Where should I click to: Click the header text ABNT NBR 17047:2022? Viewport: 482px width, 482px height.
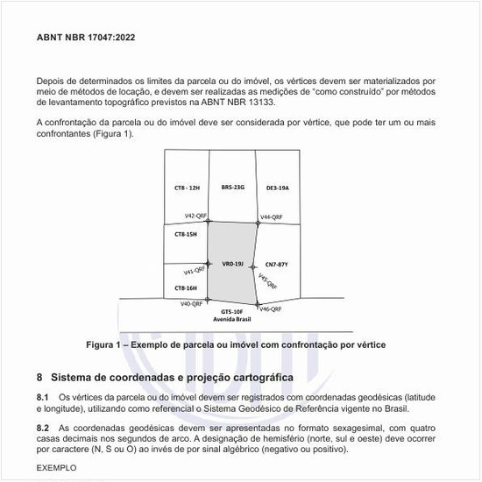(x=86, y=39)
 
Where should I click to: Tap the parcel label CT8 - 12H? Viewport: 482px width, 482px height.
(x=187, y=188)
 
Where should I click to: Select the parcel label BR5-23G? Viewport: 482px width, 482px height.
(x=232, y=188)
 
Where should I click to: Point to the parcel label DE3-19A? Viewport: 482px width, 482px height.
(x=277, y=188)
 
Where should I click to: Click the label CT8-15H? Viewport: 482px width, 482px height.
(x=185, y=234)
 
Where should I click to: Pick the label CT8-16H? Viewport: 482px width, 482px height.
(x=185, y=287)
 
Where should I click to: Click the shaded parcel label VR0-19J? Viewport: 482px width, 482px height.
(x=232, y=263)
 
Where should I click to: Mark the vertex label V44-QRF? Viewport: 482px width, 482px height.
(x=271, y=216)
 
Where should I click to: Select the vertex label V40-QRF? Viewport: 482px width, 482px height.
(x=191, y=304)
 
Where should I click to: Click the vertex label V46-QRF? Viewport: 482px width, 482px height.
(x=270, y=308)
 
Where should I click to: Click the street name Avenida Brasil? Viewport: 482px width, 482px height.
(x=232, y=321)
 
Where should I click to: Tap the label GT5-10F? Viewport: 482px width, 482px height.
(x=232, y=312)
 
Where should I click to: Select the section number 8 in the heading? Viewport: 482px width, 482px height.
(x=39, y=378)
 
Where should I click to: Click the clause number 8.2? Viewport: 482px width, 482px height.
(x=42, y=427)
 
